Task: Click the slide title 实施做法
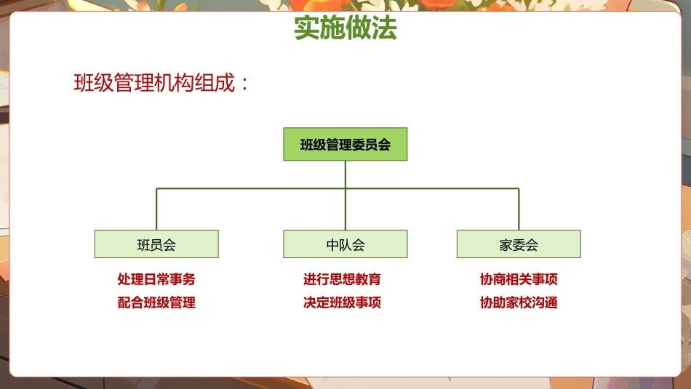[345, 28]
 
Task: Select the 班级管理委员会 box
[345, 144]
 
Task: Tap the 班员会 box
[156, 244]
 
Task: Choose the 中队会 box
[345, 244]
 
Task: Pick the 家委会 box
[519, 244]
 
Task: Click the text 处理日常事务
[156, 279]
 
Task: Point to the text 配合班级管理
[156, 302]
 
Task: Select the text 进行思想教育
[342, 279]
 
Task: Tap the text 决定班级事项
[342, 302]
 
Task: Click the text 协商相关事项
[519, 279]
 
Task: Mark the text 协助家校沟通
[519, 302]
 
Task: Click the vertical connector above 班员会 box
[156, 209]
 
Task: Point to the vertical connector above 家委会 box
[519, 209]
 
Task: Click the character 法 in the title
[385, 28]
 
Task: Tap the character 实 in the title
[307, 28]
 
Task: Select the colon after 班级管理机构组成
[245, 84]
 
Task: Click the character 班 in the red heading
[84, 83]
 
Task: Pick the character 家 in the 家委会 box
[506, 245]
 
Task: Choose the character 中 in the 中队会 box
[332, 245]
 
